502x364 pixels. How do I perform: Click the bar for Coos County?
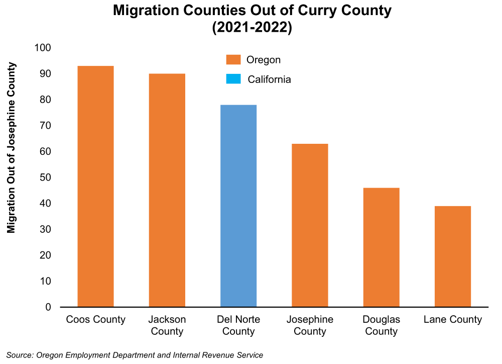click(x=95, y=186)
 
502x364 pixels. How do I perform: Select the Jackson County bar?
click(x=167, y=190)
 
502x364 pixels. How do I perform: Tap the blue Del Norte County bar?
click(x=238, y=206)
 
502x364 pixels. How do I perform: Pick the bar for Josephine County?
click(x=310, y=225)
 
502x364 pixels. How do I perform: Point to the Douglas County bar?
click(x=382, y=247)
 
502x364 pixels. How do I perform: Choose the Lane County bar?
click(x=453, y=256)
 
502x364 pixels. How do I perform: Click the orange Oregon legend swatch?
click(x=233, y=60)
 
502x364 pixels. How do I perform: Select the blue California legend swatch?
click(x=233, y=79)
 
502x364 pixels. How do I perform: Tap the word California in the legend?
click(x=270, y=79)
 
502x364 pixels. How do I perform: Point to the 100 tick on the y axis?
click(x=43, y=48)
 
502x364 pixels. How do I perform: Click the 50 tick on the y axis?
click(x=45, y=177)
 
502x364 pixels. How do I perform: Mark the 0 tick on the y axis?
click(x=48, y=307)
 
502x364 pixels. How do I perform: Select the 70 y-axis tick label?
click(x=45, y=126)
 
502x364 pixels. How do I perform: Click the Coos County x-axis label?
click(x=95, y=320)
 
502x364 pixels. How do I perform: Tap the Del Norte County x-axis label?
click(x=238, y=325)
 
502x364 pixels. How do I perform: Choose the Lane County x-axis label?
click(x=453, y=320)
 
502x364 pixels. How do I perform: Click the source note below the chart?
click(x=135, y=355)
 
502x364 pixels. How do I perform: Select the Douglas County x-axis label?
click(x=382, y=325)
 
